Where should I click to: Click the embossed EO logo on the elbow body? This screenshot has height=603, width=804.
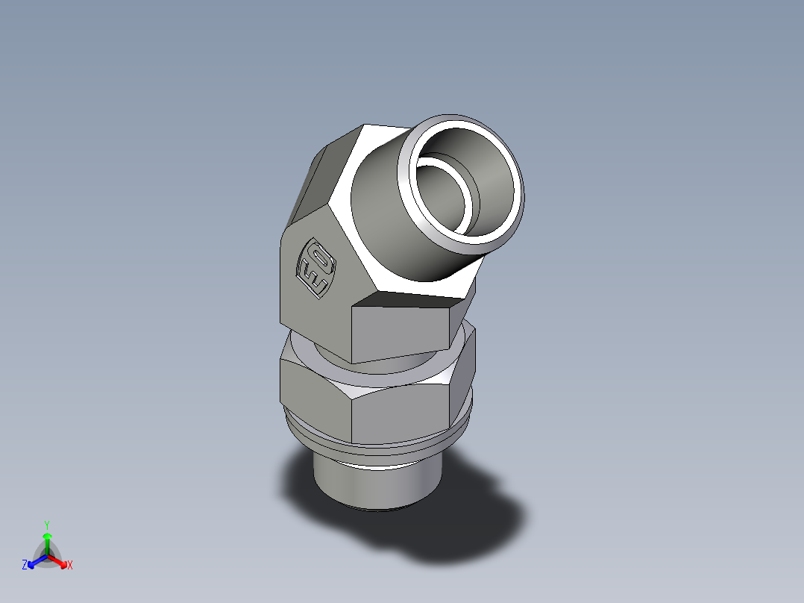pos(316,266)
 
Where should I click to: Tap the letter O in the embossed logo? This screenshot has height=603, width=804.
pos(321,257)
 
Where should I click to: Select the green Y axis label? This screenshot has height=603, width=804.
pos(46,525)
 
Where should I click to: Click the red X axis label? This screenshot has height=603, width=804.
pos(69,566)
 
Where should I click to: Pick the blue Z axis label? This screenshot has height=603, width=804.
pos(25,566)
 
